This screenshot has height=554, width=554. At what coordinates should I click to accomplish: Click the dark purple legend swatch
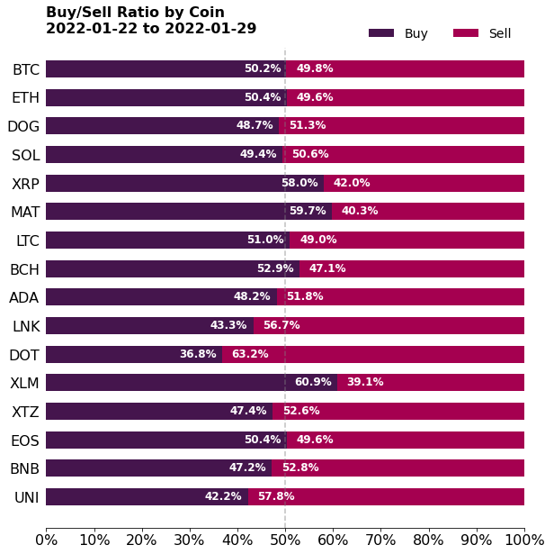pos(380,33)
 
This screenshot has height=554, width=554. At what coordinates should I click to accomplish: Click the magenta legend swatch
pos(465,33)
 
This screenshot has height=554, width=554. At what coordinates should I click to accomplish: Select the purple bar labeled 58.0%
pos(184,183)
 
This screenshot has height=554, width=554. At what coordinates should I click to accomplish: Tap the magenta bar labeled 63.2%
pos(373,354)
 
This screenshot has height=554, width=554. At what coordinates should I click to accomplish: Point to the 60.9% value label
pos(313,383)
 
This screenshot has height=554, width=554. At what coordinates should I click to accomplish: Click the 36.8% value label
pos(198,354)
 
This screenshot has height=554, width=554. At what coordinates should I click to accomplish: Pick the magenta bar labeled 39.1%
pos(431,383)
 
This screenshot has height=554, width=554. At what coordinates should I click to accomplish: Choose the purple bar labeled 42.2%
pos(147,496)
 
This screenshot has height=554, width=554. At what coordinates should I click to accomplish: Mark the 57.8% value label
pos(276,496)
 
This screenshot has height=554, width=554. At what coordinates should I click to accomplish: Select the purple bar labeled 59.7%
pos(189,212)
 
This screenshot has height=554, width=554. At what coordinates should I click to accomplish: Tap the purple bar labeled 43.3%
pos(149,325)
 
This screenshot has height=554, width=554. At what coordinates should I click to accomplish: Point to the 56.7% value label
pos(281,325)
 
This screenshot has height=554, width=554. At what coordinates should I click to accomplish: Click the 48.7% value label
pos(255,126)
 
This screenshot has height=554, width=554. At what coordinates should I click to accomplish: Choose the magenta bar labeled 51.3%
pos(401,126)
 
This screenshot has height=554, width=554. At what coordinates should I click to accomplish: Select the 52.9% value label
pos(275,268)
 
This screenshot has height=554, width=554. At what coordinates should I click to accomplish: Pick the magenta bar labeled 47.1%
pos(412,268)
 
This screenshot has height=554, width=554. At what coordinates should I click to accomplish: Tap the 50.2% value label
pos(263,69)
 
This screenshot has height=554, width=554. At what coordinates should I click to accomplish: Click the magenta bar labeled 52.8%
pos(398,468)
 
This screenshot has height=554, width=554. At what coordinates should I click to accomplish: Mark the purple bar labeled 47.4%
pos(159,411)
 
